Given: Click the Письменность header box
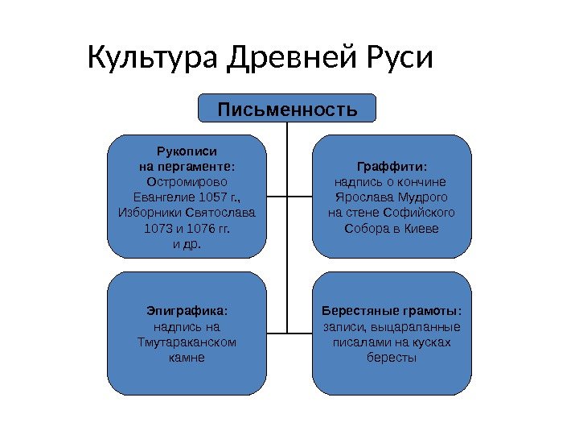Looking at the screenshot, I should (x=288, y=108).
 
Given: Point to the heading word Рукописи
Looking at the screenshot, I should (x=187, y=151).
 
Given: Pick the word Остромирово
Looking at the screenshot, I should (x=187, y=182).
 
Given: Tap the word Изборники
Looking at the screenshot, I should (x=150, y=213).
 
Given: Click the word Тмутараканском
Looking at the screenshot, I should (x=187, y=342).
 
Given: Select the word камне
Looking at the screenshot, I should (x=187, y=358).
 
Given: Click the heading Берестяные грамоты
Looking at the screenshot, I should (x=392, y=311).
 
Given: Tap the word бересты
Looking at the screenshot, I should (x=392, y=358).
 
